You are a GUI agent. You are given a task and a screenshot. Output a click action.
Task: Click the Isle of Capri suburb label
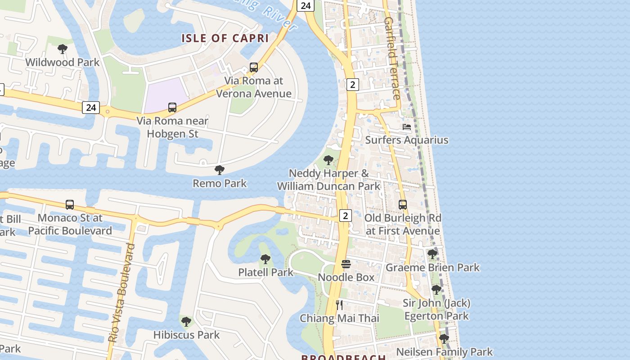click(x=225, y=38)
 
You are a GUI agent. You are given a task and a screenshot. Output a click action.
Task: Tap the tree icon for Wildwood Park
click(x=63, y=49)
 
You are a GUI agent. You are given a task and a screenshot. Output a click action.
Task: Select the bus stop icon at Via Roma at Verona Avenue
click(x=254, y=67)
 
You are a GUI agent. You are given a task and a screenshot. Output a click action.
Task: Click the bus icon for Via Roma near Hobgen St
click(x=172, y=107)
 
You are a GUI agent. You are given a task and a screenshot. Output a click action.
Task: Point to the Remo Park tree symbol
click(x=220, y=170)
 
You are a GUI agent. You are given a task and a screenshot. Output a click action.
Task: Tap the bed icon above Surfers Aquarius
click(x=407, y=127)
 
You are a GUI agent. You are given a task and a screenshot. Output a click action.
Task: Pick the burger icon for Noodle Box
click(x=346, y=264)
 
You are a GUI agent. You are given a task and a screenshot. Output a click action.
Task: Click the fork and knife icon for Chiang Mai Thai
click(x=340, y=305)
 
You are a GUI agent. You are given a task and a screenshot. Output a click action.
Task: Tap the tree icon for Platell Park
click(x=265, y=259)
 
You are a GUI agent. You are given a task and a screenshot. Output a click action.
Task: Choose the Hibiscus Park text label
click(x=186, y=335)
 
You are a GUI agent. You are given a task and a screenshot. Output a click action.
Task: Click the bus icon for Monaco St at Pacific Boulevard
click(x=70, y=204)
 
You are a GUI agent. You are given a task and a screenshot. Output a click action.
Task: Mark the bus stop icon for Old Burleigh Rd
click(x=403, y=204)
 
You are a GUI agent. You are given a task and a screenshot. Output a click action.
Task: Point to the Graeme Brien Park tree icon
click(x=432, y=254)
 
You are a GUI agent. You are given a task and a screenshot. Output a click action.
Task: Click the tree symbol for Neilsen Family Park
click(x=444, y=338)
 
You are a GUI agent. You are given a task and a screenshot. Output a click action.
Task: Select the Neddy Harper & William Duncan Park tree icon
click(x=328, y=160)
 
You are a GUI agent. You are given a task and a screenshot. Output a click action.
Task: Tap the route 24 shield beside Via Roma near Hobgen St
click(x=91, y=107)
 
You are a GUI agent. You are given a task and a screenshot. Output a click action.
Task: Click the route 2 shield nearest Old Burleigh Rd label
click(x=345, y=216)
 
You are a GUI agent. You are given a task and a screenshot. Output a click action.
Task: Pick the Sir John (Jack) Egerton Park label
click(x=436, y=310)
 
